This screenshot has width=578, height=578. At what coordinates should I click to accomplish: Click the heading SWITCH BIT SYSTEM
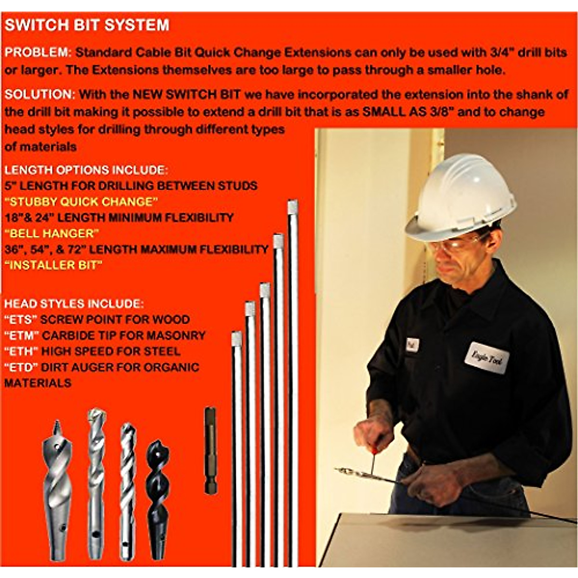click(x=87, y=25)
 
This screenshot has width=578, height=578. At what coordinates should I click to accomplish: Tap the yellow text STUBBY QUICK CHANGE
click(x=81, y=201)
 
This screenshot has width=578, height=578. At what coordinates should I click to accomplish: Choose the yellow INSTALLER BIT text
click(x=53, y=265)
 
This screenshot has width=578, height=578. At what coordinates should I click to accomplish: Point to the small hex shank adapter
click(x=210, y=450)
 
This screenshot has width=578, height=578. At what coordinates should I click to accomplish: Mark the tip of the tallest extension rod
click(x=292, y=207)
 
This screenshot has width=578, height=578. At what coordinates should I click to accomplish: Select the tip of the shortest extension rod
click(x=236, y=339)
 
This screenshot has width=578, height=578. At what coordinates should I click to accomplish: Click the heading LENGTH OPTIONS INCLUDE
click(x=86, y=170)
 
